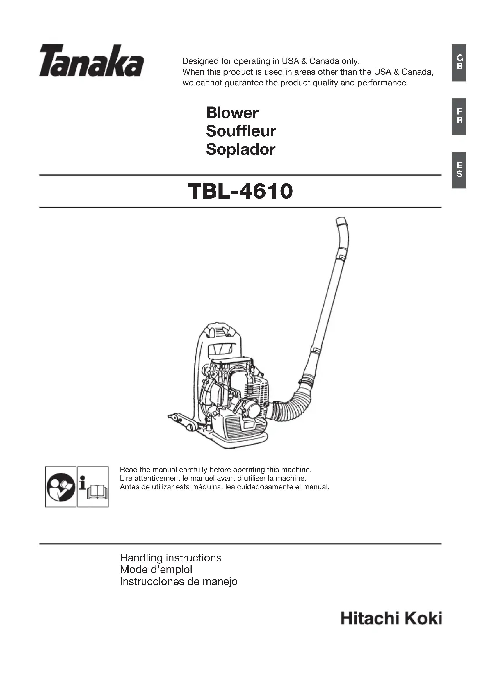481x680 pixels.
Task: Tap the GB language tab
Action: pos(459,63)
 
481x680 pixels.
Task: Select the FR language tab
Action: pos(459,116)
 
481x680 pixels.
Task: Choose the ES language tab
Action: pos(459,170)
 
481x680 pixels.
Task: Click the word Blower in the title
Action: pos(232,113)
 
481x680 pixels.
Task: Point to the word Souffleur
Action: pos(241,131)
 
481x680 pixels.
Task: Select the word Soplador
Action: pos(240,149)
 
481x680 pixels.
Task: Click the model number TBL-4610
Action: pos(240,191)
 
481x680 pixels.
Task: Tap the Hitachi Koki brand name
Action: pos(391,619)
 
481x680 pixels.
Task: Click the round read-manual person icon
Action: pos(61,487)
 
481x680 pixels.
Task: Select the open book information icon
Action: pos(93,487)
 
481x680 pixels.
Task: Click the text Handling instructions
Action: pos(171,558)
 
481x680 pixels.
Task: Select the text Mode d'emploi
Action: pos(156,570)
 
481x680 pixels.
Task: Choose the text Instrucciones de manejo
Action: pos(179,581)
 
